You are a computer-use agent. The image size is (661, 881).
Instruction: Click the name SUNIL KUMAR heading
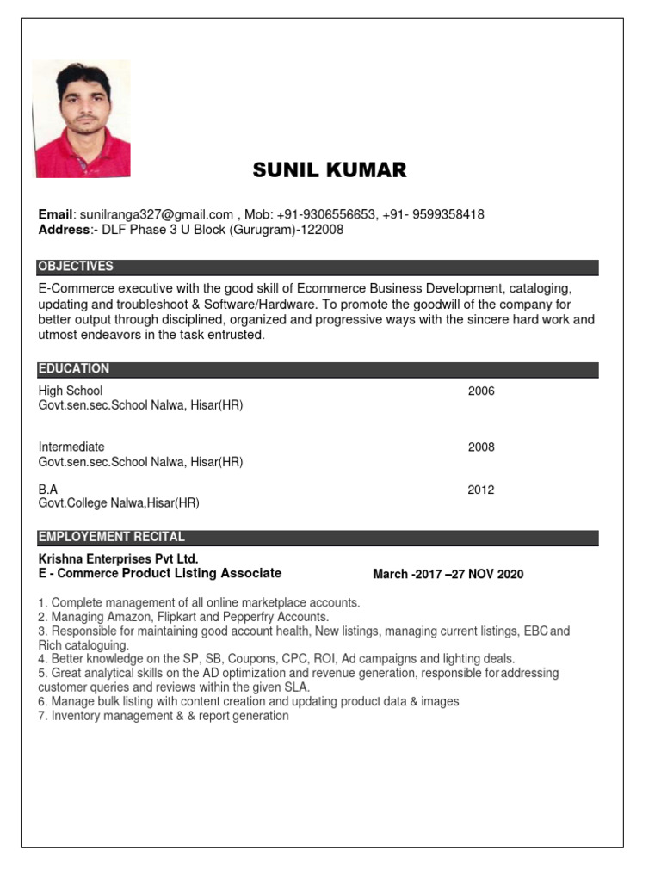pyautogui.click(x=329, y=170)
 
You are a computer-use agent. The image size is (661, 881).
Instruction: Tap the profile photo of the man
pyautogui.click(x=83, y=120)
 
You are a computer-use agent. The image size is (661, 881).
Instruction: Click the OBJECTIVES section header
pyautogui.click(x=76, y=267)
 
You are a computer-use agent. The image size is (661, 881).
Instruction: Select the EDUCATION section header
pyautogui.click(x=74, y=369)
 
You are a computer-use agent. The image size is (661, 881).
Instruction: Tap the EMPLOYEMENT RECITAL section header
pyautogui.click(x=112, y=538)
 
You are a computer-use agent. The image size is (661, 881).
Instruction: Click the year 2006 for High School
pyautogui.click(x=481, y=391)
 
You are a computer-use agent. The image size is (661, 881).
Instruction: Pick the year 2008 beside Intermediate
pyautogui.click(x=481, y=447)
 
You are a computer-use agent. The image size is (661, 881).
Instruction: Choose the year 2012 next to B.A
pyautogui.click(x=481, y=490)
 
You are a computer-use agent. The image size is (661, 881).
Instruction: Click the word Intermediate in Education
pyautogui.click(x=71, y=447)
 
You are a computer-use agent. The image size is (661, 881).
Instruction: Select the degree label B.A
pyautogui.click(x=48, y=490)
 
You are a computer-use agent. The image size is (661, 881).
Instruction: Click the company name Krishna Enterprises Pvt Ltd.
pyautogui.click(x=118, y=559)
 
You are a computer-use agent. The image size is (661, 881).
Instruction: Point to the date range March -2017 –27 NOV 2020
pyautogui.click(x=448, y=575)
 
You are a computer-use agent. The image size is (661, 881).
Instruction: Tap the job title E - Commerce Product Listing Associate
pyautogui.click(x=160, y=574)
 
